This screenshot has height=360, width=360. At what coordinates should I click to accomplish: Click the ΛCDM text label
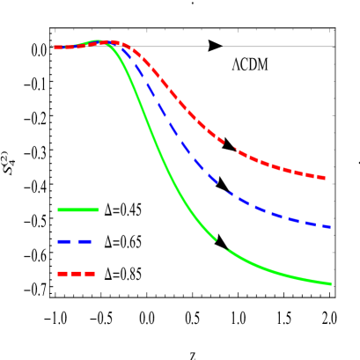coord(250,62)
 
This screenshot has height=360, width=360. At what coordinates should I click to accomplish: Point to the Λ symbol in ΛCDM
coord(237,64)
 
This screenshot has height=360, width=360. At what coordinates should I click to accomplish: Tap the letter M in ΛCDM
coord(262,64)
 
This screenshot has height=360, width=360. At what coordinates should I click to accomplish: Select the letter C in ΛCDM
coord(244,64)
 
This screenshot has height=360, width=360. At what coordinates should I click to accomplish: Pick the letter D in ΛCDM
coord(253,64)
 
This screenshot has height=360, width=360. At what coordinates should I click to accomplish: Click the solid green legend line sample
coord(78,209)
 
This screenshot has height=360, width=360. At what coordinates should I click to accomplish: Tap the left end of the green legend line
coord(58,209)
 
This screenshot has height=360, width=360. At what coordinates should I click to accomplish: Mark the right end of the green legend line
coord(99,209)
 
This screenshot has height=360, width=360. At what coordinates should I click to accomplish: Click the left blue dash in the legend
coord(64,241)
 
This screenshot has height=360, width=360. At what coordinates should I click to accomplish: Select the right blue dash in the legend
coord(84,241)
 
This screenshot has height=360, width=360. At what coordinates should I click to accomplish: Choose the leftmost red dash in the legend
coord(62,274)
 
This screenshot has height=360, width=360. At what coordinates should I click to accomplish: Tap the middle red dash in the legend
coord(77,274)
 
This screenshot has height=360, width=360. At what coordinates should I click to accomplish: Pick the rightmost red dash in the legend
coord(90,274)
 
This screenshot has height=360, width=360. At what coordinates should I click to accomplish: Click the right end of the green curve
coord(330,283)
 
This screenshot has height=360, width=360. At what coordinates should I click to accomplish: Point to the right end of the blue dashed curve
coord(329,227)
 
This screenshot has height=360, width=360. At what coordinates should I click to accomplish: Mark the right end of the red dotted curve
coord(325,179)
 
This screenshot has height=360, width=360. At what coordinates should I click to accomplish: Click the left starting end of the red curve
coord(55,48)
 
